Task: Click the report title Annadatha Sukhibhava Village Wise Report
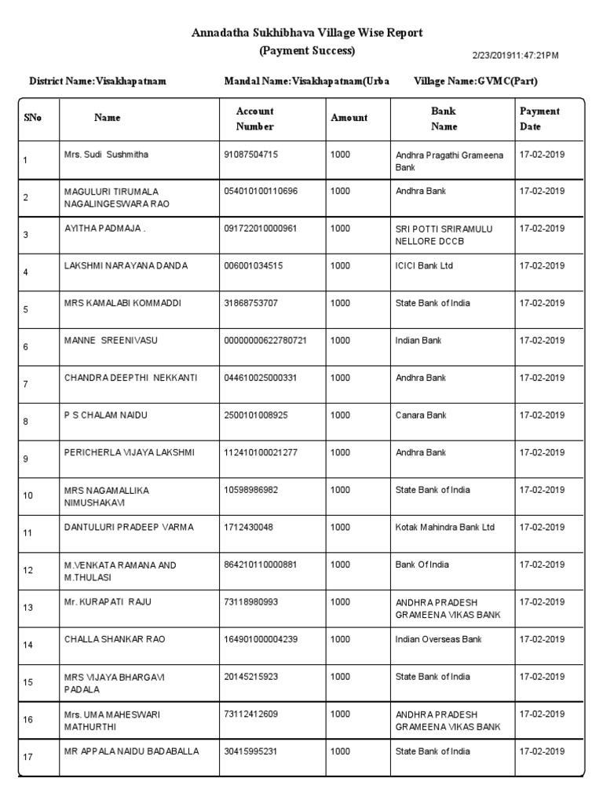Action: click(307, 33)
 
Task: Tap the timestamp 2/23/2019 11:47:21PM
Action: click(515, 55)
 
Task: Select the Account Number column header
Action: click(254, 119)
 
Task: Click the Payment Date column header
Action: click(539, 119)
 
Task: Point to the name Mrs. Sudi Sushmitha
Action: click(106, 155)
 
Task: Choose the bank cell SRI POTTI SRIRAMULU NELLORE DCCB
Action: click(444, 235)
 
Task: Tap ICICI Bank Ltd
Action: click(424, 266)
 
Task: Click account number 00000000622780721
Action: click(265, 341)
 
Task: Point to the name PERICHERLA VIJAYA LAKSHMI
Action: click(129, 453)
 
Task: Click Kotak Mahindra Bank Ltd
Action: click(445, 528)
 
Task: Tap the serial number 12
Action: click(28, 570)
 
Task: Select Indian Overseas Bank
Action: click(438, 640)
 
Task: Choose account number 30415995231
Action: click(251, 751)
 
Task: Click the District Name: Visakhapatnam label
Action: click(97, 82)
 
